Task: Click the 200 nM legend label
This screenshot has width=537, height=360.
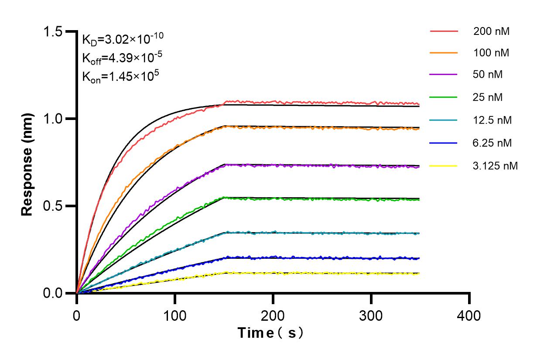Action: [492, 31]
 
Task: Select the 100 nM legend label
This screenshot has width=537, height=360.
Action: [492, 53]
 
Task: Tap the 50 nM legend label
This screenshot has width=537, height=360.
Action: [488, 75]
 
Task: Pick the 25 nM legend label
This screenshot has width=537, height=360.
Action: [488, 97]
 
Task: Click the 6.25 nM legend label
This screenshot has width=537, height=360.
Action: [492, 143]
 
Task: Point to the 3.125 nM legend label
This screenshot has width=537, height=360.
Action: [496, 166]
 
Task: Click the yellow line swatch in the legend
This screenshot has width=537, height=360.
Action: [444, 166]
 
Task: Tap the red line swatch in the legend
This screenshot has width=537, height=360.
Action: [444, 31]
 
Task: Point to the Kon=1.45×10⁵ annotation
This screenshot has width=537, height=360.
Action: [114, 77]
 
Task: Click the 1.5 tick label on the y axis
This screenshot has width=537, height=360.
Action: [53, 31]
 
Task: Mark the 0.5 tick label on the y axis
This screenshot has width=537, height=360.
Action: [53, 206]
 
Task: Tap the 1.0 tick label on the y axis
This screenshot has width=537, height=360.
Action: [53, 119]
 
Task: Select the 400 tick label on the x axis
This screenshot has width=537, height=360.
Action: [469, 315]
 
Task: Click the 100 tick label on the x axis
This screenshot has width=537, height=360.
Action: [175, 315]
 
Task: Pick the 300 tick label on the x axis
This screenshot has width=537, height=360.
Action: [371, 315]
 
